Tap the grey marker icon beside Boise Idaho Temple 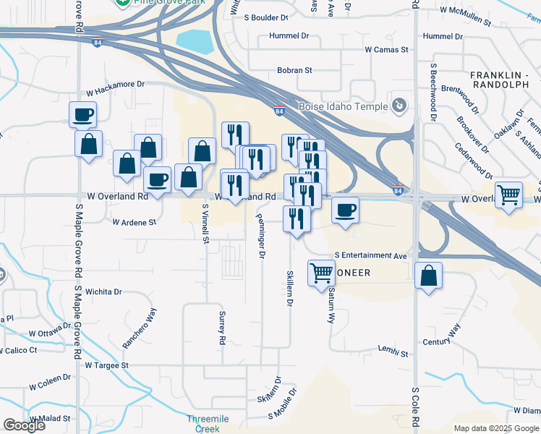(399, 106)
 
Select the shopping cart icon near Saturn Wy (322, 273)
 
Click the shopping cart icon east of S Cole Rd (509, 194)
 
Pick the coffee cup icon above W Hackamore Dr (83, 114)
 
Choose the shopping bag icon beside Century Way (429, 275)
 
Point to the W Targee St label (106, 366)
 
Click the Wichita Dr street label (103, 292)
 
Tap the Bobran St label (294, 71)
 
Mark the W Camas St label (387, 50)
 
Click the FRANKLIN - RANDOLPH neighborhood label (500, 80)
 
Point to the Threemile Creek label (208, 424)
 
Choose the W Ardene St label (135, 222)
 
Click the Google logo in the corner (24, 425)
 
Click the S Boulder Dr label (265, 16)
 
